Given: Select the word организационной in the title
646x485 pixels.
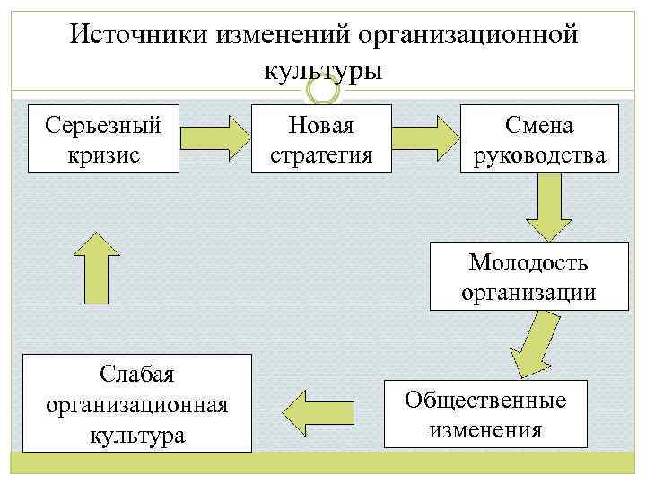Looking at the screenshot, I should pyautogui.click(x=465, y=34).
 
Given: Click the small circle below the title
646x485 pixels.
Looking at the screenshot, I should pyautogui.click(x=323, y=92).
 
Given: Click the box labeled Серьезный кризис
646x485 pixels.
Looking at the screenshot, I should pyautogui.click(x=103, y=138).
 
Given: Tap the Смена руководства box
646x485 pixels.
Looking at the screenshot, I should pyautogui.click(x=540, y=138).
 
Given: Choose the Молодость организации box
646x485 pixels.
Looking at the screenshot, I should pyautogui.click(x=529, y=277).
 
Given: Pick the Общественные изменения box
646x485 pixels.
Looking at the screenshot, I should pyautogui.click(x=485, y=413).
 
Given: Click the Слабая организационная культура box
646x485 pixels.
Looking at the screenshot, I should pyautogui.click(x=137, y=402).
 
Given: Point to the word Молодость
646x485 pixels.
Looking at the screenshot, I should pyautogui.click(x=529, y=262).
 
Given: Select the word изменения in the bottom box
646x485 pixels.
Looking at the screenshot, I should pyautogui.click(x=485, y=428).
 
